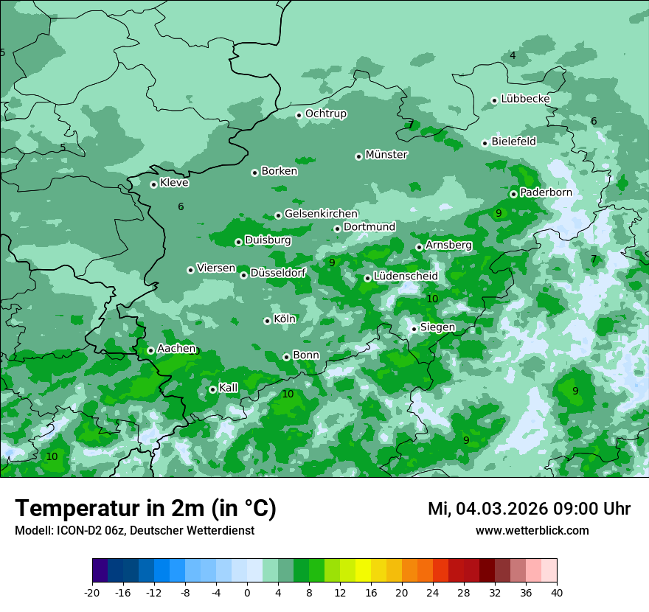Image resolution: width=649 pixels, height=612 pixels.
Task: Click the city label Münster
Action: point(386,155)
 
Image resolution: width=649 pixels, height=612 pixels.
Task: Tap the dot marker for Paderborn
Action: point(513,194)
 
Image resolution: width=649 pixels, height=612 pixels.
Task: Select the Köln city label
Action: point(284,319)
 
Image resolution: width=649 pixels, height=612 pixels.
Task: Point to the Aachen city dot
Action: point(150,350)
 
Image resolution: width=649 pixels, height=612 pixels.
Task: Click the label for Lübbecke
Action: point(525,99)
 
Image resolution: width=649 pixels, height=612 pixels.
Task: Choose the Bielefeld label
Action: point(513,142)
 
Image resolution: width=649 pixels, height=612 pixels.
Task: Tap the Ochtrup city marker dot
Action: point(299,114)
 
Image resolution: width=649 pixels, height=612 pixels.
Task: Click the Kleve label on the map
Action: point(174,183)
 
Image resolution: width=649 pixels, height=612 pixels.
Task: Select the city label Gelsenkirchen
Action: point(321,214)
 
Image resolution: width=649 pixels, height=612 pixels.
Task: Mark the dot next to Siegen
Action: point(414,329)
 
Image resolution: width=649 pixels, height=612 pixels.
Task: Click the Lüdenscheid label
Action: point(406,277)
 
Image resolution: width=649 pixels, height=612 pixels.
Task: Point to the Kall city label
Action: point(229,388)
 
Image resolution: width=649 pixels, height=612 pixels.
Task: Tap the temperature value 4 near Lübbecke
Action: point(513,56)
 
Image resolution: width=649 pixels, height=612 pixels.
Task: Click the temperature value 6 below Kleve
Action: point(181,207)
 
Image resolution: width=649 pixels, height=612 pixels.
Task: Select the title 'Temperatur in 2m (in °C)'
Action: point(145,509)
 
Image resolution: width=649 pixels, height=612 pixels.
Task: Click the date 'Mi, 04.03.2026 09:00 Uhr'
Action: point(529,509)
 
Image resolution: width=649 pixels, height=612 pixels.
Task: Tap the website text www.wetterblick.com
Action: point(532,531)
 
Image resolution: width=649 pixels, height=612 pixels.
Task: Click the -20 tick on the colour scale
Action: point(92,593)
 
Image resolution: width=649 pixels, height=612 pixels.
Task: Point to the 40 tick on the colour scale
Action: point(557,593)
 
